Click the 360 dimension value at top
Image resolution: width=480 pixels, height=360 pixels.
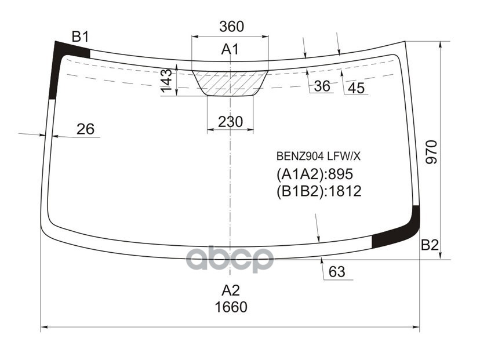coord(231,27)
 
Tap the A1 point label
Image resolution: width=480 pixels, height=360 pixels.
coord(230,49)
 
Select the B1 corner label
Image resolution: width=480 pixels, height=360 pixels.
coord(80,37)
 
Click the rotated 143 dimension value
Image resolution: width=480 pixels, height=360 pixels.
coord(167,81)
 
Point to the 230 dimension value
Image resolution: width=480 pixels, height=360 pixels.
coord(231,122)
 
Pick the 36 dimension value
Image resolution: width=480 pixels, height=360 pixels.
coord(322,86)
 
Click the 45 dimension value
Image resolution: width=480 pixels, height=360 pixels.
coord(357,88)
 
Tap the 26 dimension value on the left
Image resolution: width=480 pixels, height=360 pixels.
coord(85,129)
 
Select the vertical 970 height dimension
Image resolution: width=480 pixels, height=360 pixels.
coord(431,152)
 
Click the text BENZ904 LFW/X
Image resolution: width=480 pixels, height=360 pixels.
coord(318,157)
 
